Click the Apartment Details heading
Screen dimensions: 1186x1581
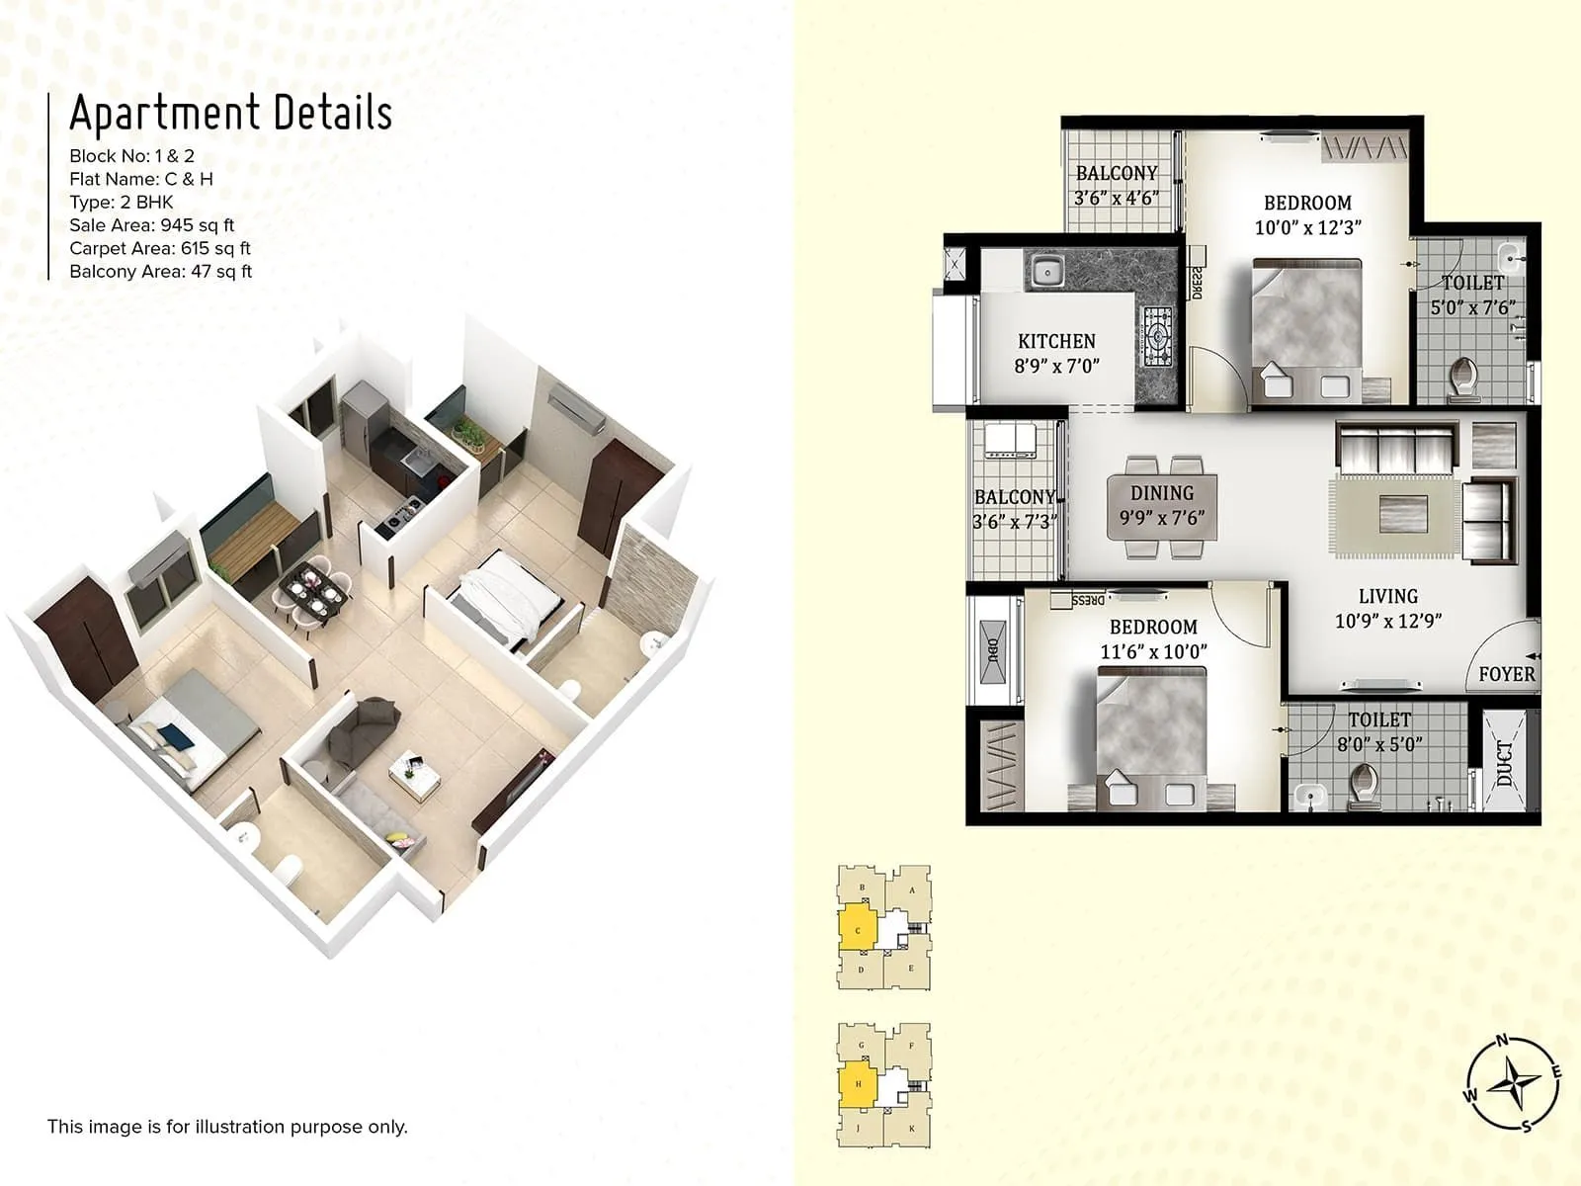(x=231, y=113)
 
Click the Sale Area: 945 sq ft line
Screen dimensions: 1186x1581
(x=152, y=225)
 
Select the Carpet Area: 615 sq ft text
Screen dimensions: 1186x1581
(x=160, y=248)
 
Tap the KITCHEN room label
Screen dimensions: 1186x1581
(x=1056, y=342)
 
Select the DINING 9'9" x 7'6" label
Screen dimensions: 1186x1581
(x=1162, y=505)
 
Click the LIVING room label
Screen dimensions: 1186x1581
(x=1387, y=597)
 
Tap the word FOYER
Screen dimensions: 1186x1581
(x=1506, y=674)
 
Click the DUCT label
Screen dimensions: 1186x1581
(x=1505, y=762)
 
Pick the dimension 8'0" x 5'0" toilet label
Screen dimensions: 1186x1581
(x=1379, y=744)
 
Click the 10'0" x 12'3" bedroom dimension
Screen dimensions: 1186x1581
(x=1307, y=227)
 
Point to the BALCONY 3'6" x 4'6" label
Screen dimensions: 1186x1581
(x=1117, y=185)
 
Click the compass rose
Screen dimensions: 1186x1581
(x=1512, y=1083)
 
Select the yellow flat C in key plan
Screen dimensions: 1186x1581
(x=857, y=930)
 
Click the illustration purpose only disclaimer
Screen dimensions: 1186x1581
(x=227, y=1127)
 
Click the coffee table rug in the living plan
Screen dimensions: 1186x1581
(x=1402, y=512)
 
